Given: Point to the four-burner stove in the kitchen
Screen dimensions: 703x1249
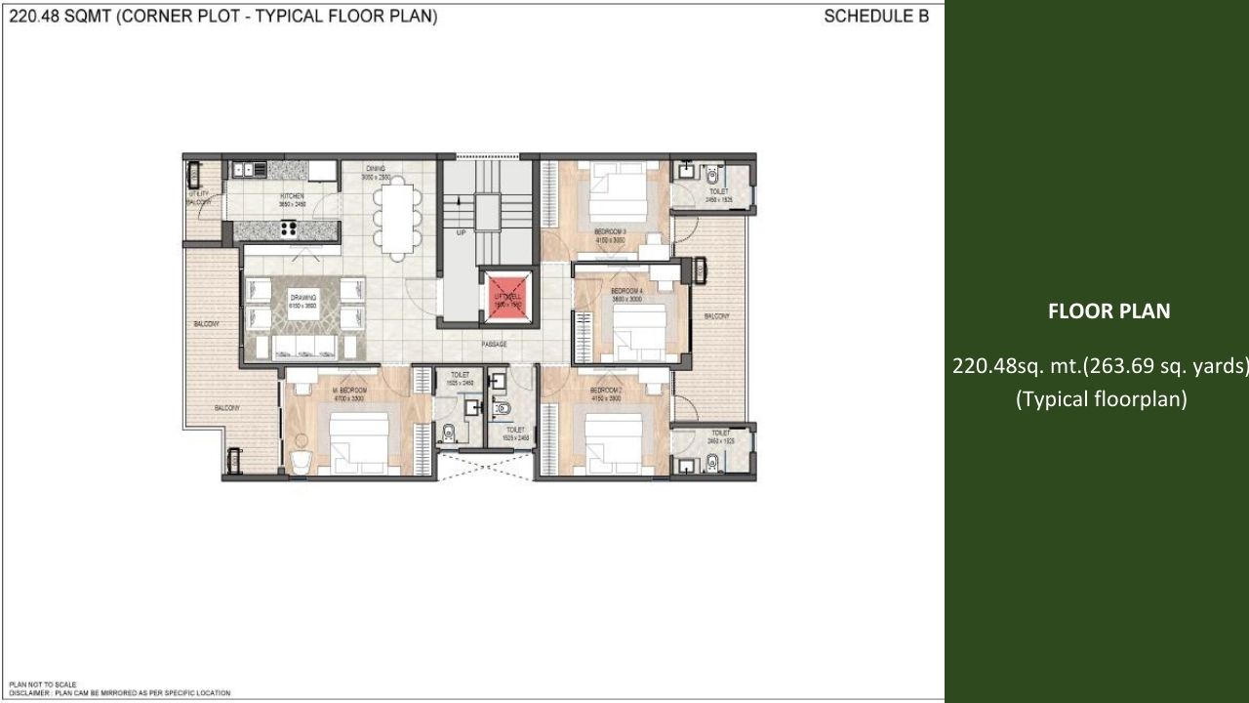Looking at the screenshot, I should [290, 229].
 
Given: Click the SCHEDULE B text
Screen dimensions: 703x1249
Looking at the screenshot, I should [875, 17].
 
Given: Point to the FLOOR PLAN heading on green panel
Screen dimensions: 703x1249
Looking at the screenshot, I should [1108, 311].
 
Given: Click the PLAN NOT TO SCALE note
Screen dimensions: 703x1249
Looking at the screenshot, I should [43, 684].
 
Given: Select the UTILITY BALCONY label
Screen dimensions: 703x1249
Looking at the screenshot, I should [199, 197].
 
